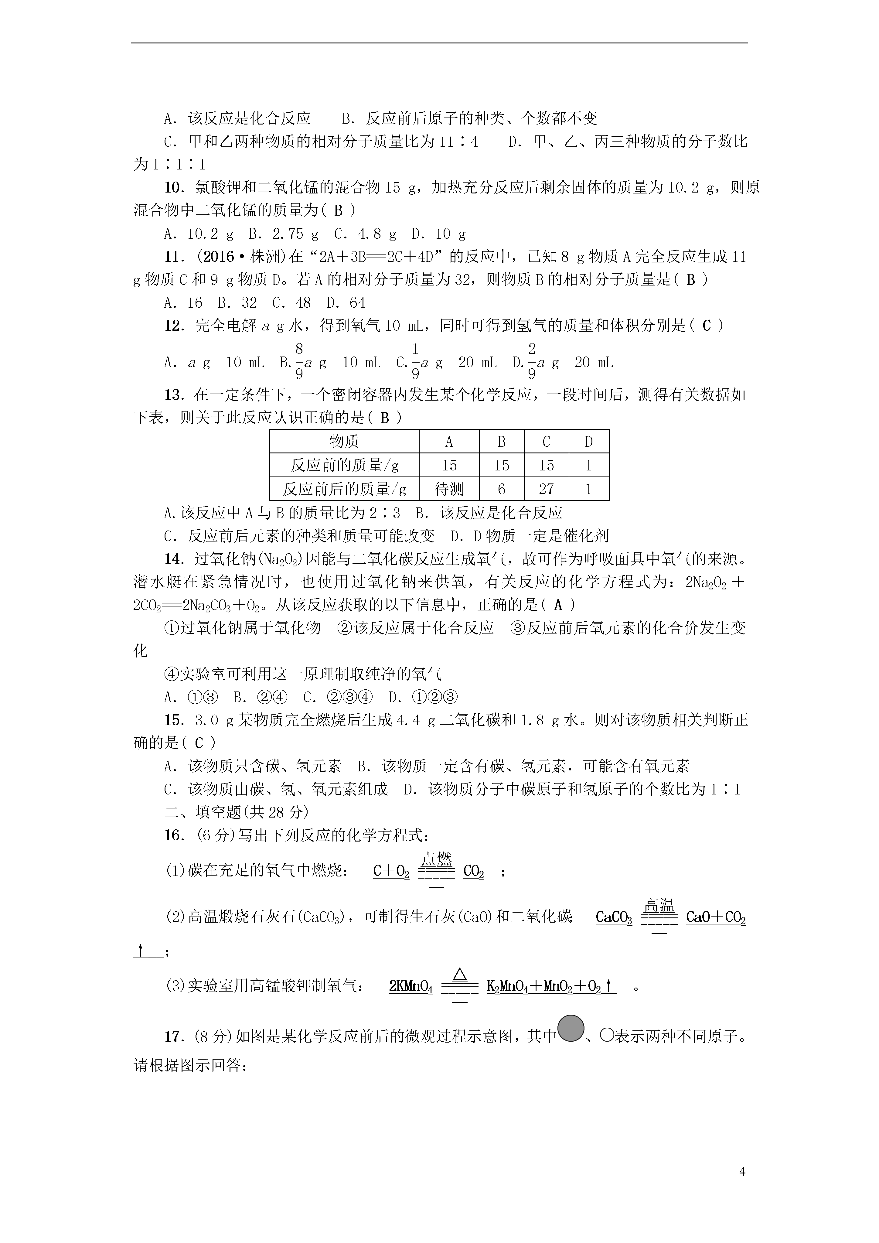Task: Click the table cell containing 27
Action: tap(546, 490)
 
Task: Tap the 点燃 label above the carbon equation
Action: tap(436, 859)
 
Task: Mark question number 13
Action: tap(175, 395)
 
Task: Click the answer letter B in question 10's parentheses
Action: tap(338, 210)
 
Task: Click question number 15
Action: tap(175, 720)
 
